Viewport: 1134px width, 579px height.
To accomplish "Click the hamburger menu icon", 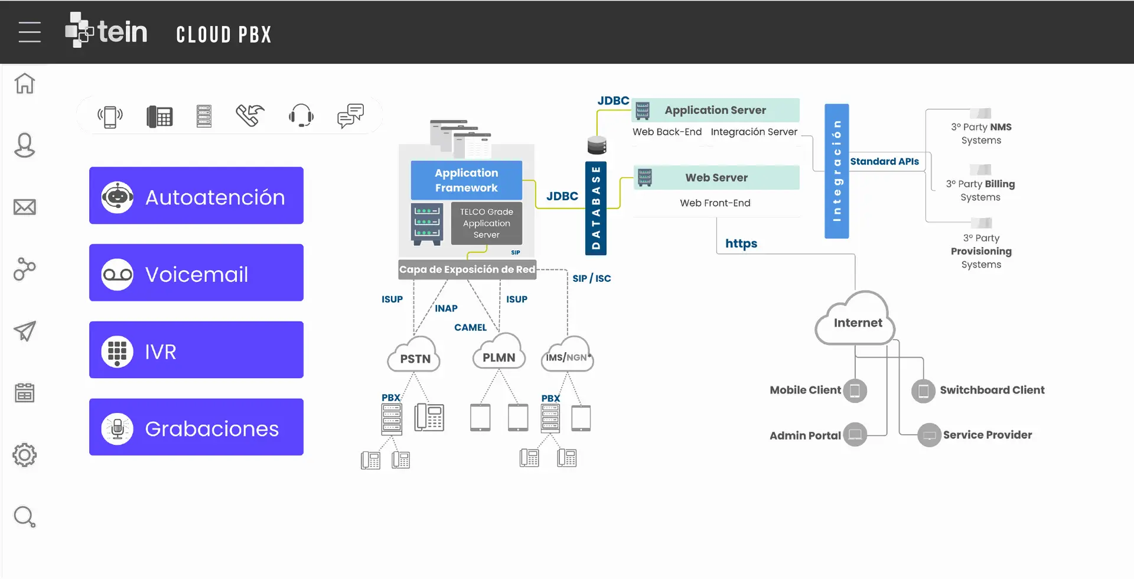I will (x=30, y=32).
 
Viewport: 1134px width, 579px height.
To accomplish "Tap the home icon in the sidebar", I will (x=25, y=83).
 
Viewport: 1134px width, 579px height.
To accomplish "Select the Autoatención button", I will (x=196, y=196).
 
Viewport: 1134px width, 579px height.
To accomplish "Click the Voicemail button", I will (x=196, y=273).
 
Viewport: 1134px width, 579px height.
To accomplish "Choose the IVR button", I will (x=196, y=350).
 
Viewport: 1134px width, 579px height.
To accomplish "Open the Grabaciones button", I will (x=196, y=427).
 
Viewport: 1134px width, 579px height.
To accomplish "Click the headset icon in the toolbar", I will (x=301, y=115).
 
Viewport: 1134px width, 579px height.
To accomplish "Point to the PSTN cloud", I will (x=415, y=356).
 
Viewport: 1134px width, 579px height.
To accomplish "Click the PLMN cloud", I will (x=499, y=354).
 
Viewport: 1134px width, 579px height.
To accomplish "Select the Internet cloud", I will (x=857, y=321).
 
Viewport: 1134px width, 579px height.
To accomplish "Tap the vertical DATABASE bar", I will (x=596, y=208).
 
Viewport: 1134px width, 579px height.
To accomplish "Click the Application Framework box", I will (x=466, y=180).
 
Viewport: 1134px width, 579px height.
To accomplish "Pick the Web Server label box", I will (x=716, y=178).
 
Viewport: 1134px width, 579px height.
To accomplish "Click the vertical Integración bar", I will (x=836, y=171).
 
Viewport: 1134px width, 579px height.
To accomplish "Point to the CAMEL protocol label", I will (x=470, y=327).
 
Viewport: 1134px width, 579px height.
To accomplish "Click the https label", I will (x=741, y=243).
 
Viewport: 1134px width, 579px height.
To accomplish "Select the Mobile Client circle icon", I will (x=855, y=391).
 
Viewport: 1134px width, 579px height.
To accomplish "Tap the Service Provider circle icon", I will (x=929, y=435).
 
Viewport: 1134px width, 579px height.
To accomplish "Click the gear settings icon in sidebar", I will (x=25, y=455).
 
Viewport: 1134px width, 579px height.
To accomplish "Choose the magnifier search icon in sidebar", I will (x=25, y=517).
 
